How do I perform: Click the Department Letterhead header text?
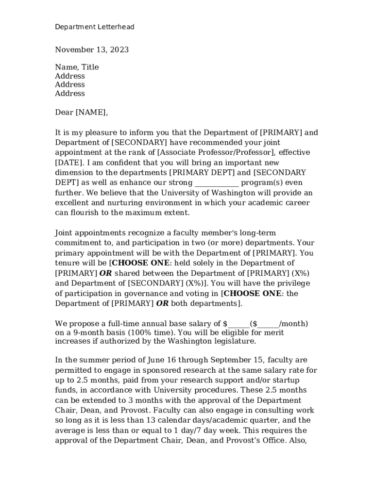tap(94, 27)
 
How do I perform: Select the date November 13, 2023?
tap(92, 50)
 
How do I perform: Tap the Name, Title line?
tap(77, 67)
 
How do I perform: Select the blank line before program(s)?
tap(217, 183)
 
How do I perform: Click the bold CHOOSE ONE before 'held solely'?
tap(141, 264)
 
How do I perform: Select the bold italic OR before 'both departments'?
tap(163, 304)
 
